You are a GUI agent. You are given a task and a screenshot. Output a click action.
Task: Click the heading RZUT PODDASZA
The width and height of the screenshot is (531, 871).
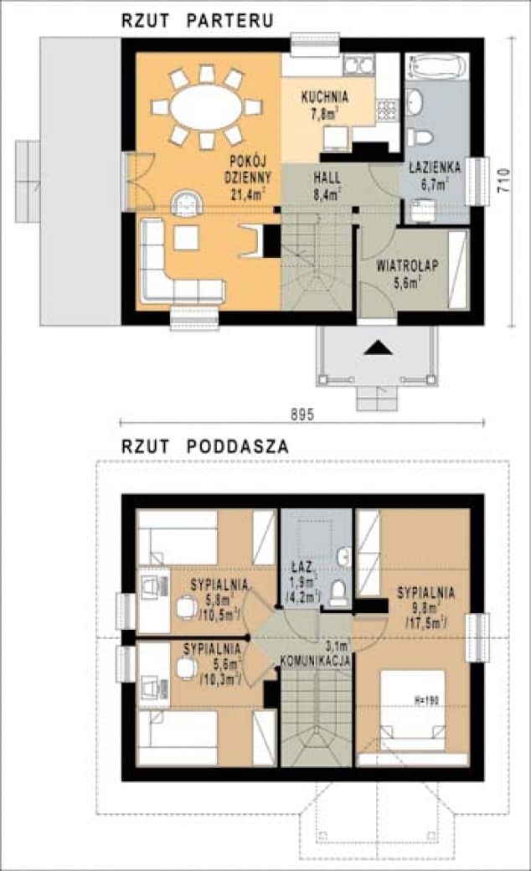[205, 447]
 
